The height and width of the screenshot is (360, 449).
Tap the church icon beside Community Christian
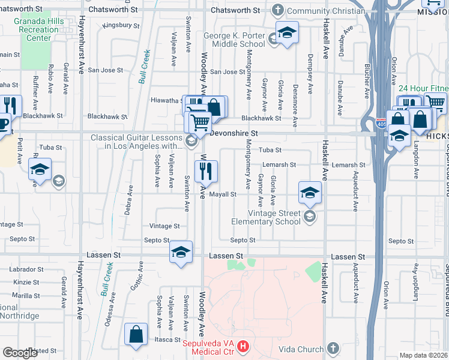click(x=277, y=10)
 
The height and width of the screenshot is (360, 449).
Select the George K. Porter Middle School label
click(x=234, y=40)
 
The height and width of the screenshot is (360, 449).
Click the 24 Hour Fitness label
click(x=424, y=88)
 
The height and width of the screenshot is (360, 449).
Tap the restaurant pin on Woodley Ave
click(x=206, y=172)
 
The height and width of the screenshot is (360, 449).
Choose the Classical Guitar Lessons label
click(x=137, y=142)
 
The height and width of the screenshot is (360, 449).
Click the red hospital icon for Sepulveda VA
click(x=243, y=346)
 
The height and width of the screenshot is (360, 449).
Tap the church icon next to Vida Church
click(x=334, y=349)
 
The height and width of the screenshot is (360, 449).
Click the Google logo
click(x=20, y=353)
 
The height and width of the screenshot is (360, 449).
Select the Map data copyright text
click(x=424, y=355)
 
